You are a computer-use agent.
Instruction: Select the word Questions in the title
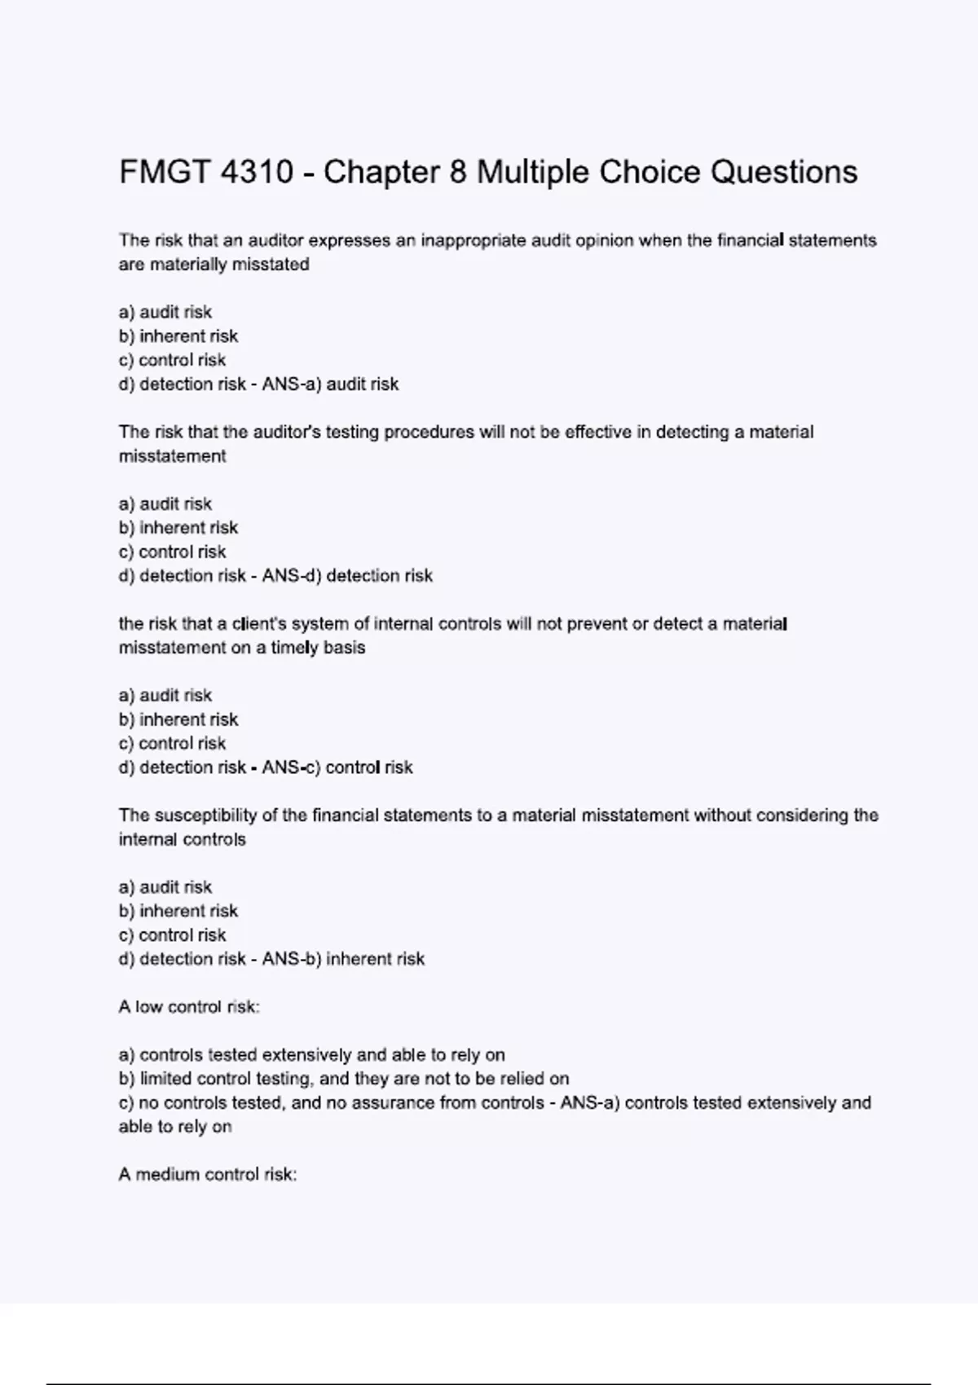coord(784,173)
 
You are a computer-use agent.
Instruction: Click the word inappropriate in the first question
coord(473,240)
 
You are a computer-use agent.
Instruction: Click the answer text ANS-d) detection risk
coord(347,576)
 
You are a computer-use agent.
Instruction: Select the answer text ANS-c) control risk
coord(337,767)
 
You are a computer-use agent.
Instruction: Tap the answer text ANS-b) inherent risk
coord(343,959)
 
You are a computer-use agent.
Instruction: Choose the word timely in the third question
coord(294,648)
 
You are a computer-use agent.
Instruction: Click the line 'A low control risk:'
coord(189,1007)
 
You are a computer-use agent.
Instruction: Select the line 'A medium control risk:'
coord(208,1175)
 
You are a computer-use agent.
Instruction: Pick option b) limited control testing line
coord(344,1079)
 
